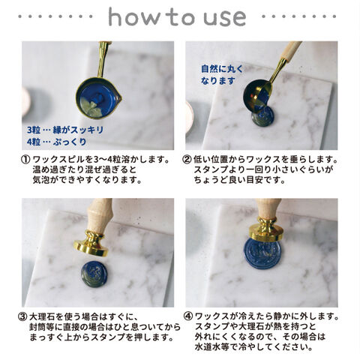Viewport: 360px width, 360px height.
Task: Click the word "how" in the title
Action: pos(136,16)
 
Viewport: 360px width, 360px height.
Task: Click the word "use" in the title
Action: pos(225,18)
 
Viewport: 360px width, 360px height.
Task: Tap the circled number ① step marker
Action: pos(25,160)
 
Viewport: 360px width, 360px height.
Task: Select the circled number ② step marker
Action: pos(187,160)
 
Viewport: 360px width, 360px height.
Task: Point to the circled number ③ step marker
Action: pos(22,316)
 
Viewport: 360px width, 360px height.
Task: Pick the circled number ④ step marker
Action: pos(188,316)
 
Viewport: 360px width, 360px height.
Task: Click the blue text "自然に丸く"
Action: pos(222,69)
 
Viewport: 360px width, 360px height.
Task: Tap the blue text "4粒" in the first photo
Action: pos(34,142)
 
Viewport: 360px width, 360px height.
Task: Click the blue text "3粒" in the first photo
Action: pos(34,130)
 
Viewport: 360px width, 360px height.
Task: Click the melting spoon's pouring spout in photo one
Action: pos(119,98)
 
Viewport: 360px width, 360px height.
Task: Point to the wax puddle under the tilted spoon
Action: pos(263,115)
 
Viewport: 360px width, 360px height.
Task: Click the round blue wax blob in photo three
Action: pos(94,274)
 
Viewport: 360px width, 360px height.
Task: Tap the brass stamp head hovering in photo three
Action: pos(91,244)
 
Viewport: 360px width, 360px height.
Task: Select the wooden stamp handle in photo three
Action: pos(99,215)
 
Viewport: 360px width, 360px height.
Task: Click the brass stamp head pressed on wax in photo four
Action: pos(267,229)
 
